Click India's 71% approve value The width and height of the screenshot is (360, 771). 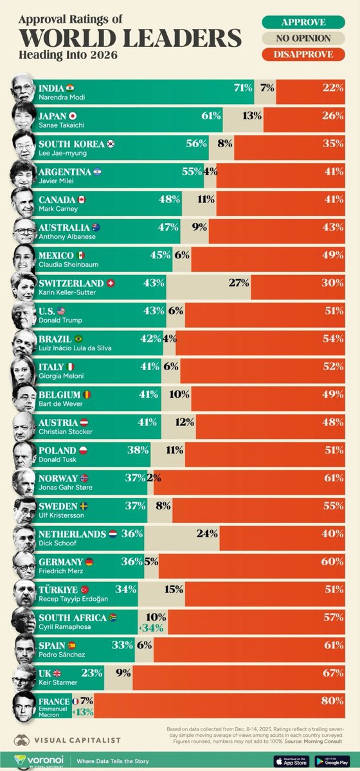click(243, 87)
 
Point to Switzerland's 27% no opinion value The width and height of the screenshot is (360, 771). click(239, 283)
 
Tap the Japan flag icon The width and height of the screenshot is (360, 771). click(73, 116)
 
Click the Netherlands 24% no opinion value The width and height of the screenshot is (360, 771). click(206, 533)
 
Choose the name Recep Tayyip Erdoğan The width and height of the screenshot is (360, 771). click(73, 599)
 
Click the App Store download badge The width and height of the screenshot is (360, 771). click(289, 759)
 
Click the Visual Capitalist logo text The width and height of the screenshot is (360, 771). click(84, 738)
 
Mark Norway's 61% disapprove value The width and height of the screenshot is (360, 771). click(333, 478)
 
